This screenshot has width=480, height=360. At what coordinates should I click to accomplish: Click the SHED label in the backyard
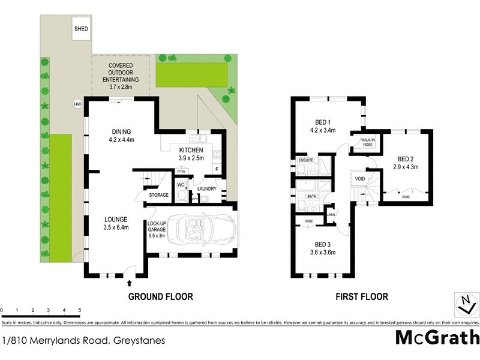(x=80, y=28)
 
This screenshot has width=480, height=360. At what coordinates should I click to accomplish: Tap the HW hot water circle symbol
(x=77, y=104)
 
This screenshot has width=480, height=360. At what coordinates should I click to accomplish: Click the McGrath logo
(x=437, y=337)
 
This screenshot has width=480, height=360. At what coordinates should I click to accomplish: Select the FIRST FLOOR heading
(x=362, y=296)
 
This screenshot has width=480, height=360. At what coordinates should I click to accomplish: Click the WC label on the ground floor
(x=180, y=185)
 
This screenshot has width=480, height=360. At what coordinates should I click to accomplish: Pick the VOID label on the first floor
(x=360, y=179)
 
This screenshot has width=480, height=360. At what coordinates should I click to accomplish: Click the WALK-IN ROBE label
(x=367, y=142)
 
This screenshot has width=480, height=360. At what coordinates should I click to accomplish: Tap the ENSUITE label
(x=305, y=160)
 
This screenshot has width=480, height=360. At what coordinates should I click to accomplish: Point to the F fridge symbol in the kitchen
(x=217, y=170)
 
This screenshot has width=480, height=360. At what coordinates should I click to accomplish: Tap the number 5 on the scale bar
(x=80, y=310)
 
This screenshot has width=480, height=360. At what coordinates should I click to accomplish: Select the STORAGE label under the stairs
(x=159, y=194)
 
